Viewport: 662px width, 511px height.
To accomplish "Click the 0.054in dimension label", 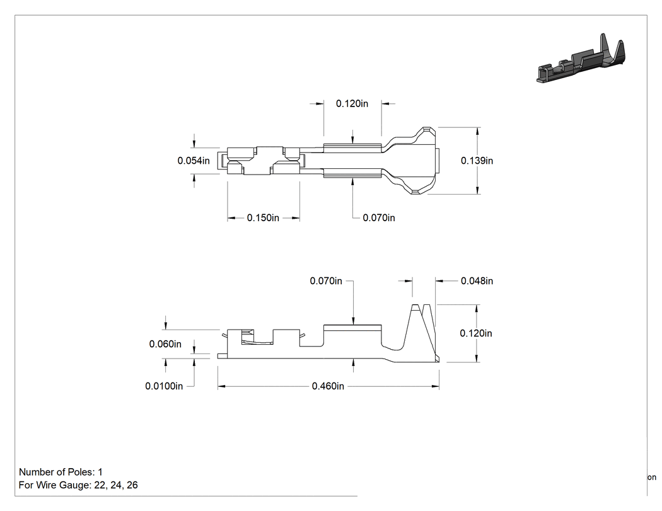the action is pos(194,161).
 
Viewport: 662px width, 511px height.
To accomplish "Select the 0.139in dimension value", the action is pos(477,161).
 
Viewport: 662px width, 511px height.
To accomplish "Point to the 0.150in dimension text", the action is pos(263,218).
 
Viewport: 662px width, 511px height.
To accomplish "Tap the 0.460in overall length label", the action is pos(328,386).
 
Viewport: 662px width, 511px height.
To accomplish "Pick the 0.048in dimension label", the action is pos(477,281).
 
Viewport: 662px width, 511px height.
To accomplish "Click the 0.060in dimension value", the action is pos(165,344).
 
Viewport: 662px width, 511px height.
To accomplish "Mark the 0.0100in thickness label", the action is pos(164,386).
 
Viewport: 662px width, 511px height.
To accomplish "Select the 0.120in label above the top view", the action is pos(352,103).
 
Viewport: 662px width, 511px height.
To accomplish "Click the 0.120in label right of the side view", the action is pos(476,333).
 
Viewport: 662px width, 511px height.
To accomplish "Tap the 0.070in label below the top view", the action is pos(379,218).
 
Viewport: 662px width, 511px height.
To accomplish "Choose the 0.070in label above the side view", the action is pos(326,281).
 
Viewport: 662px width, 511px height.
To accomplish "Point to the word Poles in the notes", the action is pos(78,472).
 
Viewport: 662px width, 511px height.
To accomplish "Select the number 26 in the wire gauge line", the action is pos(132,485).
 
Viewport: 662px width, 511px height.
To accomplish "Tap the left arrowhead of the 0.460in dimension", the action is pos(222,386).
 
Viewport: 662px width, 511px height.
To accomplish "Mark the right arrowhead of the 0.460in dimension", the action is pos(435,386).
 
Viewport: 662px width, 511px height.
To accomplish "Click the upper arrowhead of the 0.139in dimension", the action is pos(477,131).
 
